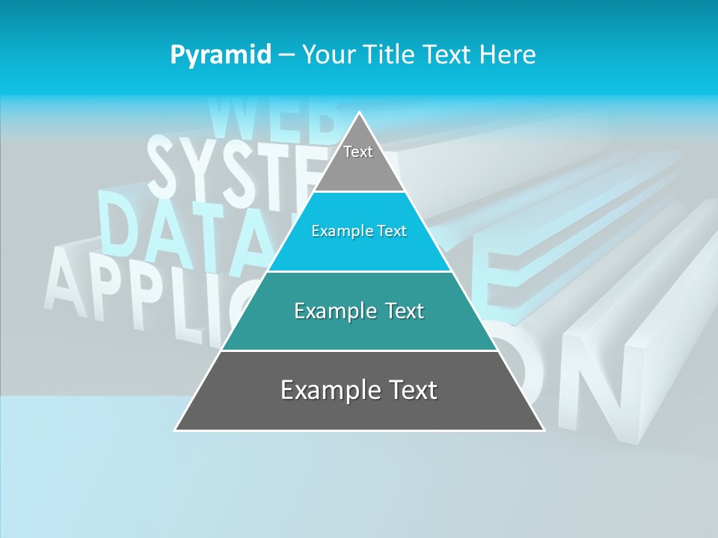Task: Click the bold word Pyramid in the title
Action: click(221, 55)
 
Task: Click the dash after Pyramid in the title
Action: click(286, 55)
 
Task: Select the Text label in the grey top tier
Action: click(358, 152)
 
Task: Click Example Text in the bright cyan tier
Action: click(359, 231)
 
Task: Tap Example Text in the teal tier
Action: click(359, 311)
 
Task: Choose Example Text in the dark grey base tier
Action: click(359, 390)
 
